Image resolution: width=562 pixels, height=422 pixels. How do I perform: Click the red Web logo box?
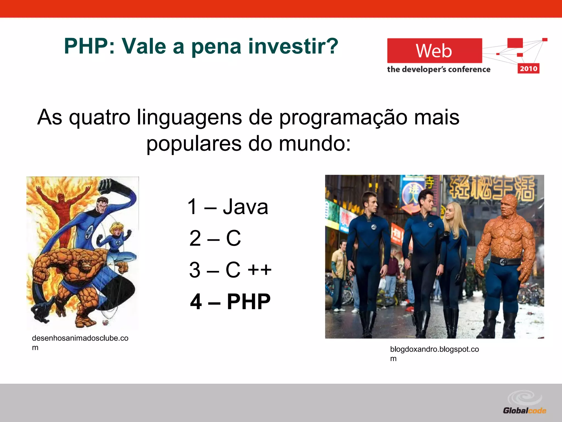(434, 51)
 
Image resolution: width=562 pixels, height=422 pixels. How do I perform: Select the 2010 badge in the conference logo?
(528, 68)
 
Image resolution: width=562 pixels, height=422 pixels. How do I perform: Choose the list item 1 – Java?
(227, 207)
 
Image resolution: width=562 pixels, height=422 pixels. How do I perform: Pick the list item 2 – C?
(215, 238)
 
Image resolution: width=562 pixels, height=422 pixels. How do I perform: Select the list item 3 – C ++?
(230, 270)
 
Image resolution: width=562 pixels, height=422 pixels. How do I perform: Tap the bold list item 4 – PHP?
(230, 301)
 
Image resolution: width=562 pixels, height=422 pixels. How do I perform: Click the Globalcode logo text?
(524, 411)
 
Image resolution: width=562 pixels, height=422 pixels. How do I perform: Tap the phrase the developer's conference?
(439, 69)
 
